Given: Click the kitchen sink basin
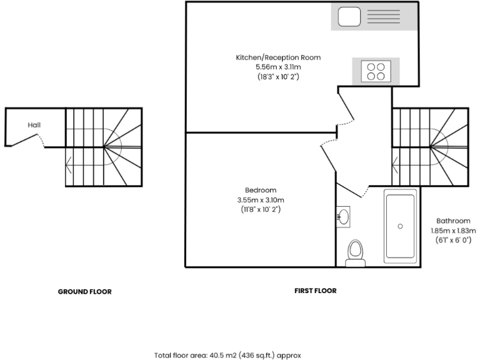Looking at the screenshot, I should pyautogui.click(x=348, y=17).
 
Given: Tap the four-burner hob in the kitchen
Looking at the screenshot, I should pyautogui.click(x=377, y=71).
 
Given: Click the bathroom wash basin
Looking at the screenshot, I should pyautogui.click(x=343, y=217).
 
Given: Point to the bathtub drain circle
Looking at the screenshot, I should pyautogui.click(x=400, y=226).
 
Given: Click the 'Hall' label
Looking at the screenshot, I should pyautogui.click(x=34, y=125).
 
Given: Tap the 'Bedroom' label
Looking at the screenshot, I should pyautogui.click(x=261, y=190).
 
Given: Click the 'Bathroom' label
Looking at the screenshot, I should pyautogui.click(x=453, y=221).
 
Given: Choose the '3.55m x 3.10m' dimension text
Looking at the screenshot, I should pyautogui.click(x=261, y=200).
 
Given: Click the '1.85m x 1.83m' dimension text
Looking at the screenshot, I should pyautogui.click(x=453, y=230).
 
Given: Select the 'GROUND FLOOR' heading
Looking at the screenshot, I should pyautogui.click(x=85, y=291).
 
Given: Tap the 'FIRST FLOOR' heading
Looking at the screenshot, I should pyautogui.click(x=315, y=291).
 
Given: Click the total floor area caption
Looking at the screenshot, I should pyautogui.click(x=227, y=355).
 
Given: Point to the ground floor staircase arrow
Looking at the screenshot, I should pyautogui.click(x=69, y=166).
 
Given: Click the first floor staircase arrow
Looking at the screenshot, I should pyautogui.click(x=395, y=166).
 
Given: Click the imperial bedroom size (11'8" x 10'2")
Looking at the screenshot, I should pyautogui.click(x=261, y=210).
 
